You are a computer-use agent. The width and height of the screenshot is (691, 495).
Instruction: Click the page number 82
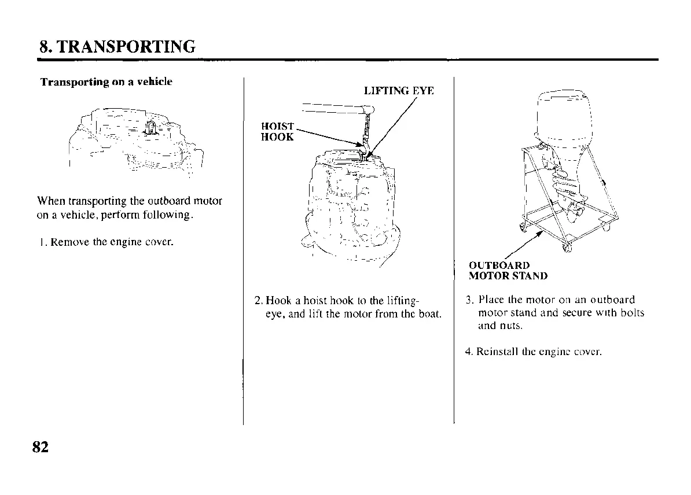(40, 447)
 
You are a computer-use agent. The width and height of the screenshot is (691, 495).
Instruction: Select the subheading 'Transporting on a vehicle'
(106, 82)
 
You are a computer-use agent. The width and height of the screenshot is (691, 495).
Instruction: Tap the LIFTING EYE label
(398, 91)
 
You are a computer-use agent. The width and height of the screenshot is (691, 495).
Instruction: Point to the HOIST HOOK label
(278, 132)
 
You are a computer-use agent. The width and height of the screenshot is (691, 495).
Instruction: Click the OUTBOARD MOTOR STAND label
(508, 271)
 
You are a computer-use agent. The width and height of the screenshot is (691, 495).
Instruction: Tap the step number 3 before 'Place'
(469, 300)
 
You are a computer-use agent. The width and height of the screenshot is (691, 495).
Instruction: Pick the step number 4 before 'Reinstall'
(468, 351)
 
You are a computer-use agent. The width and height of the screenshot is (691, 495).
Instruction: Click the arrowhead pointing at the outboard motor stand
(541, 234)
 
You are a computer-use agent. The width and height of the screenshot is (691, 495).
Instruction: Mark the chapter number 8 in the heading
(43, 46)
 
